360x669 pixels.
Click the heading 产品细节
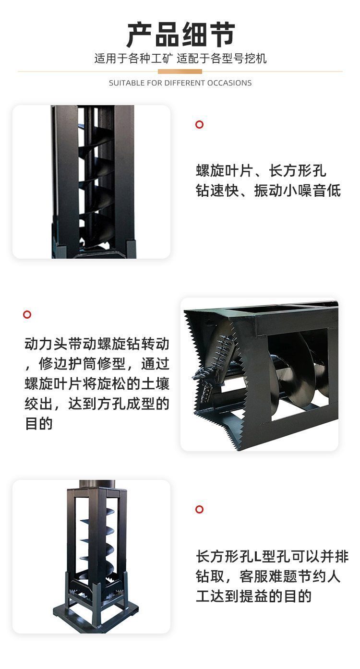(180, 35)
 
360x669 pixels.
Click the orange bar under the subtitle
(180, 72)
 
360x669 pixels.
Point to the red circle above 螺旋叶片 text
(199, 125)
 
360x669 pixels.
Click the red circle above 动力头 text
(27, 314)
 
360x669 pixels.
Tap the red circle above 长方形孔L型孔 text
(199, 509)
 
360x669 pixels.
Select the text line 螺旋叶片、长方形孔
(261, 171)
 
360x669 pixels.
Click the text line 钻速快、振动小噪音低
(268, 191)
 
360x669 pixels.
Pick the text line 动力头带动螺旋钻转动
(97, 344)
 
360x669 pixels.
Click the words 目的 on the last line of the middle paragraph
(39, 423)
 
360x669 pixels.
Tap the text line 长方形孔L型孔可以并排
(272, 556)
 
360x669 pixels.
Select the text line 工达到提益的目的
(253, 596)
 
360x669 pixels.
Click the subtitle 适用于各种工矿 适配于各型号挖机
(180, 58)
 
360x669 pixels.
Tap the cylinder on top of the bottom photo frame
(97, 484)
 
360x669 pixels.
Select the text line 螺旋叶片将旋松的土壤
(97, 384)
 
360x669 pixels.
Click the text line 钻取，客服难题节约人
(268, 576)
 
